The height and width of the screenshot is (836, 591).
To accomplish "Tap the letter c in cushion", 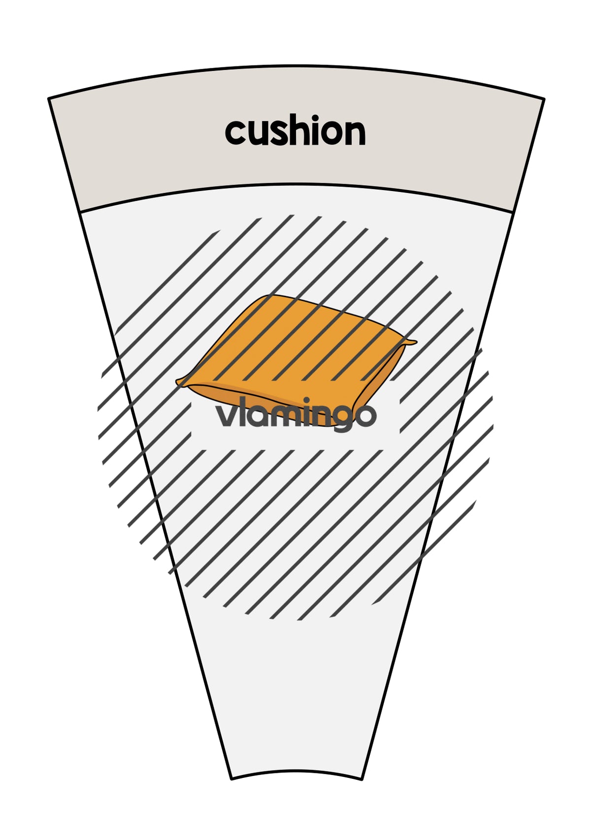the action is coord(235,132).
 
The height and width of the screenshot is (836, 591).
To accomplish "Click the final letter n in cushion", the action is coord(355,132).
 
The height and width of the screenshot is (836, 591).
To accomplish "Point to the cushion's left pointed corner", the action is coord(177,381).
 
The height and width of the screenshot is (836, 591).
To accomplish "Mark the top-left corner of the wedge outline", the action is coord(49,98).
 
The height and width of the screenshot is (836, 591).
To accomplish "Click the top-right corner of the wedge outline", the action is coord(544,99).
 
